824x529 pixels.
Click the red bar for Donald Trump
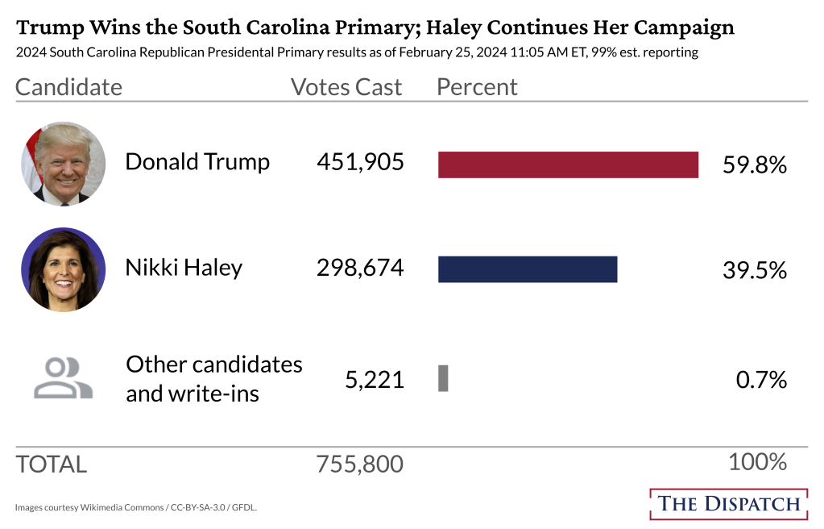tap(568, 165)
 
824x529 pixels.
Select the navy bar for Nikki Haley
tap(528, 269)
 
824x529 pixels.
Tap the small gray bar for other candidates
tap(443, 378)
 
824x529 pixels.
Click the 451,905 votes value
tap(360, 162)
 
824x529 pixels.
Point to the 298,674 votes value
tap(360, 267)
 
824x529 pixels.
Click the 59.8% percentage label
tap(755, 165)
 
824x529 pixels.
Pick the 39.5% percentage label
tap(755, 270)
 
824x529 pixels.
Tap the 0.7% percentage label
tap(761, 380)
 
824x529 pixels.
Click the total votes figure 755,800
tap(360, 464)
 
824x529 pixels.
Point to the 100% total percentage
tap(757, 462)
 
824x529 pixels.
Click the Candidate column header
tap(68, 87)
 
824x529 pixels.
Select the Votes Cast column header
tap(346, 87)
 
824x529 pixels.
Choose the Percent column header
tap(477, 87)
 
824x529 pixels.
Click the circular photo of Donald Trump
tap(63, 164)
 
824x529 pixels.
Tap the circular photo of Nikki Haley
tap(63, 269)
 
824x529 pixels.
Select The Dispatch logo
tap(729, 504)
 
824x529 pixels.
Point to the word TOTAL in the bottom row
tap(51, 464)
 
